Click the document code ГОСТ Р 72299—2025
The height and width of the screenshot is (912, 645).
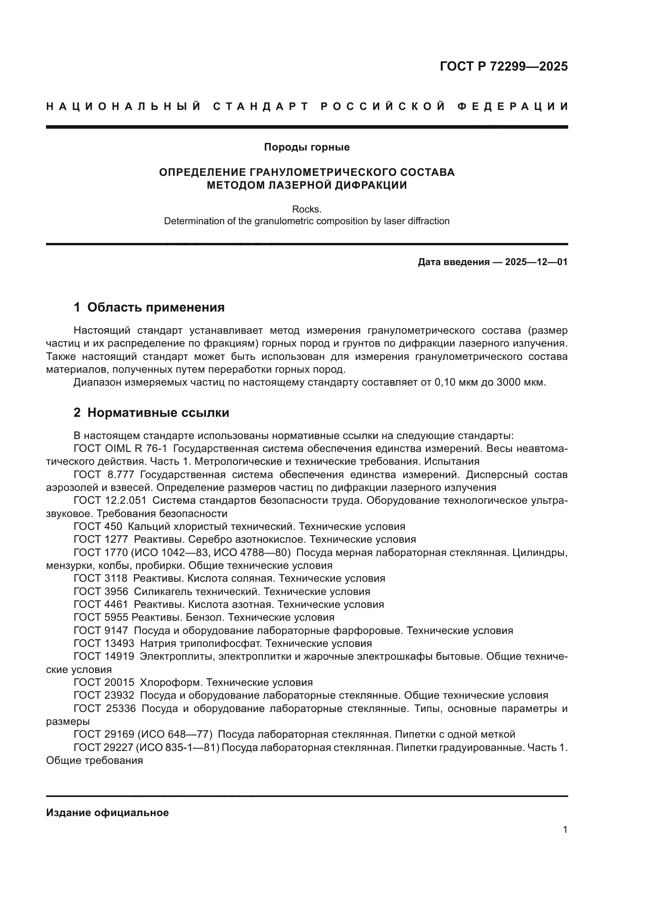(503, 66)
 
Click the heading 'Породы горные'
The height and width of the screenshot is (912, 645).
(307, 147)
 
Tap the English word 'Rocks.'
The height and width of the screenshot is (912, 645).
(307, 209)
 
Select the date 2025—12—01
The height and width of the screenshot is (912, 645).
(536, 262)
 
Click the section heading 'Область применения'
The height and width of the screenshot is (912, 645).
(156, 307)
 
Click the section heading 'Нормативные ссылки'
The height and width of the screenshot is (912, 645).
(158, 413)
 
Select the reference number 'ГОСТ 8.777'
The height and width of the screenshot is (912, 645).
(104, 475)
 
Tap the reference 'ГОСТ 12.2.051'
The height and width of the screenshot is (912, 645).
(110, 501)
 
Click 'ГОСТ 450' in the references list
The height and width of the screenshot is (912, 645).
(98, 527)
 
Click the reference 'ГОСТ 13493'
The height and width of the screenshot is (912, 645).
(104, 643)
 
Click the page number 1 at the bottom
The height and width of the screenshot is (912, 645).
(565, 830)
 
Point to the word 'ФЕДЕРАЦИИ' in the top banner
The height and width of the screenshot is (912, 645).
(512, 106)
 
